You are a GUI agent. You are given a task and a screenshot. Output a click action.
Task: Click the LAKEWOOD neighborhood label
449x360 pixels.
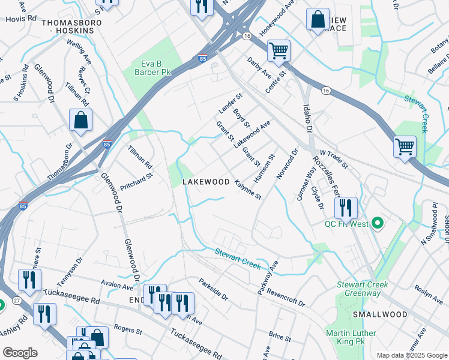pos(206,181)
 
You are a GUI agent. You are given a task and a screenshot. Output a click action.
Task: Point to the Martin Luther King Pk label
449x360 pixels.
pos(351,337)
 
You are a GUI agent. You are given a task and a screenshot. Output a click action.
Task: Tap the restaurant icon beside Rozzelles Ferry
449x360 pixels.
pos(346,208)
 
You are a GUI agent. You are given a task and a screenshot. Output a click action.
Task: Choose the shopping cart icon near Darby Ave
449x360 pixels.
pos(279,50)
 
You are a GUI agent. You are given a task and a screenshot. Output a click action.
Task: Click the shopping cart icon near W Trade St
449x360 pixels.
pos(405,146)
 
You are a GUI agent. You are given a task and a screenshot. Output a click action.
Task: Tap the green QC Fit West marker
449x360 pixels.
pos(377,224)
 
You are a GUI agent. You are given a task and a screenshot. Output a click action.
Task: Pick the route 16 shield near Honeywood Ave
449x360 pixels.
pos(247,37)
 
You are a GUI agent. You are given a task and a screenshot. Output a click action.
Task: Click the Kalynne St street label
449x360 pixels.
pos(248,189)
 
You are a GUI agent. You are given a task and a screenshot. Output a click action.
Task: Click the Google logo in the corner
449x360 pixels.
pos(20,353)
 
